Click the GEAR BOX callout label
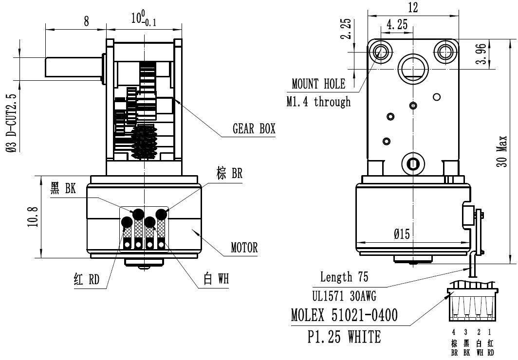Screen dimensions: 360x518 [x=254, y=129]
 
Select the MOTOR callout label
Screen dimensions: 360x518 [x=244, y=248]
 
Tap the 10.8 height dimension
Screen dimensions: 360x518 [x=33, y=216]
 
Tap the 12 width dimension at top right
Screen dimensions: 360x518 [x=413, y=7]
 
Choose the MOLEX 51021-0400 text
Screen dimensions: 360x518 [x=344, y=316]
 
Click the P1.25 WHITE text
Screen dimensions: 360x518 [x=344, y=337]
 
